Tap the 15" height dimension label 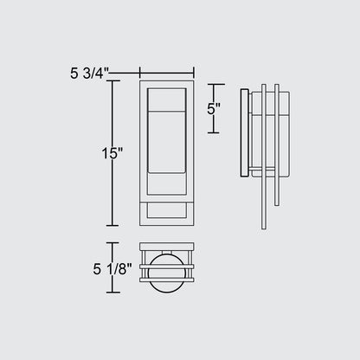click(112, 153)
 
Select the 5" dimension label click(214, 109)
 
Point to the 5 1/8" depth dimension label click(112, 269)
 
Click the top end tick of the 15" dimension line click(112, 81)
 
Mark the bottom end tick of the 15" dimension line click(112, 225)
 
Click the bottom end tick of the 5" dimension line click(214, 132)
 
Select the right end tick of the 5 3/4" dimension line click(194, 73)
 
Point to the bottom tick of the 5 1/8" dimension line click(112, 292)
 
